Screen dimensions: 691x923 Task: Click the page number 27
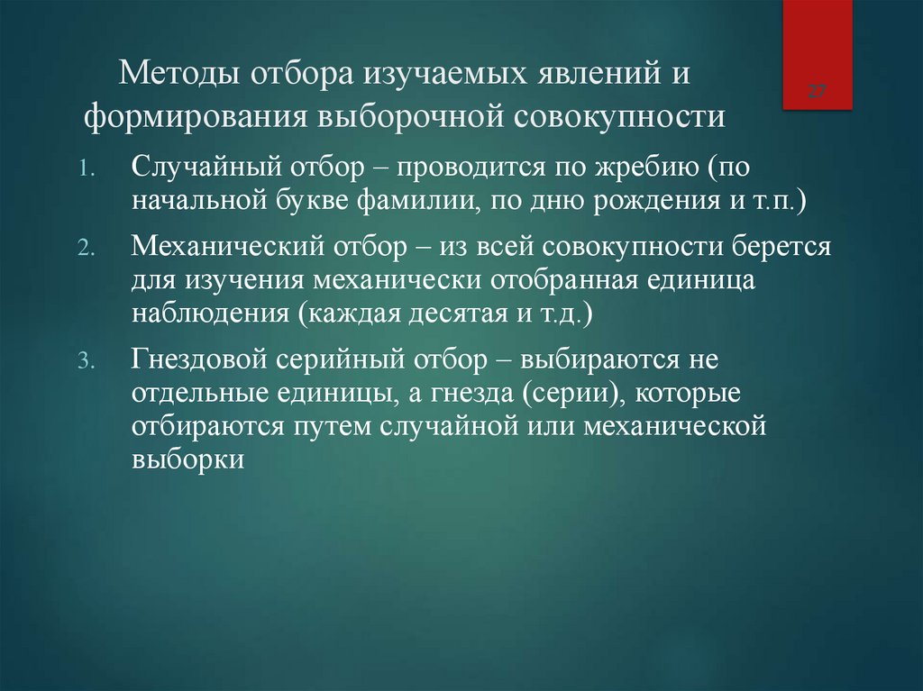818,92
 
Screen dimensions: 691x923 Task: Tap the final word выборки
187,459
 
